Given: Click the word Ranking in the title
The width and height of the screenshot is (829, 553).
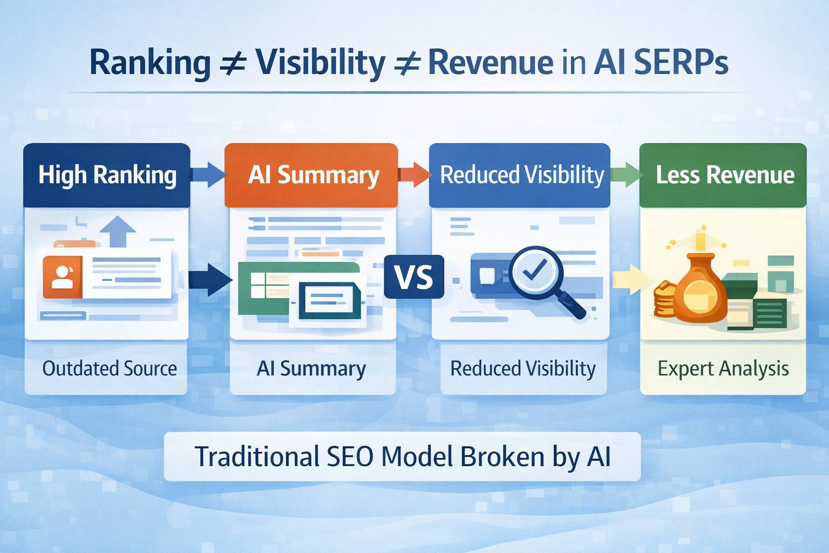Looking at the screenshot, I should click(x=150, y=64).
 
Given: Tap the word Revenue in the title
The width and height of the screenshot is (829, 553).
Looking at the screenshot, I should click(x=490, y=63).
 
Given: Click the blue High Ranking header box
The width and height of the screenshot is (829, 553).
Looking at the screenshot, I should click(x=107, y=175).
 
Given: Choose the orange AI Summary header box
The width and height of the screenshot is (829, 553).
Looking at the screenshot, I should click(x=311, y=175).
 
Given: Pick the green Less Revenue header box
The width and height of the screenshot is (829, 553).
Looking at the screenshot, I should click(x=723, y=175).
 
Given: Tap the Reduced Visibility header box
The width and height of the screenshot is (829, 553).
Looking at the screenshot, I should click(x=520, y=175).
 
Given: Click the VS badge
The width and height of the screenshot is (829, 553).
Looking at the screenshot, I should click(x=414, y=277).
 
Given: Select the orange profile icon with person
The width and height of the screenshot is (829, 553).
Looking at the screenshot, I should click(x=63, y=277).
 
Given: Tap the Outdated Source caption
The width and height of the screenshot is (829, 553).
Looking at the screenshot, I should click(x=109, y=369).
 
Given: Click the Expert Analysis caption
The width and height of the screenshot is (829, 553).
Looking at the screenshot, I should click(x=723, y=369).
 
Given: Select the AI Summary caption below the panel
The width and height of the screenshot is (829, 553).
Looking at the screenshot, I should click(x=311, y=369).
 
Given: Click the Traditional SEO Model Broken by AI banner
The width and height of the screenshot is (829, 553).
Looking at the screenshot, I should click(x=402, y=457).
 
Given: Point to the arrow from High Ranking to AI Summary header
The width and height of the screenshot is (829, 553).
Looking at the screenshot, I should click(x=208, y=174).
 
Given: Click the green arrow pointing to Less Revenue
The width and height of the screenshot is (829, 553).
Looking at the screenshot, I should click(x=626, y=174).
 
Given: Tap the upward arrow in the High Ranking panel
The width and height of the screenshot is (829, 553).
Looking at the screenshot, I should click(x=118, y=231).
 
